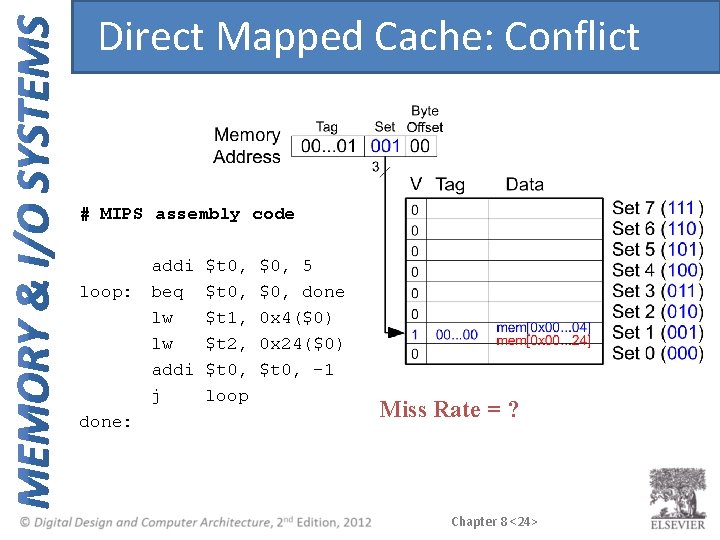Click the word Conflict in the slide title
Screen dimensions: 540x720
point(571,37)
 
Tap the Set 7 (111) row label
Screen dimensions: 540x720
point(657,208)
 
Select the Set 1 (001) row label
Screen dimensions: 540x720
point(657,332)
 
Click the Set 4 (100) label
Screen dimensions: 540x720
point(657,270)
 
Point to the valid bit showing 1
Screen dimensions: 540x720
point(414,333)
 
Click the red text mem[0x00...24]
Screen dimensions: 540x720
point(543,341)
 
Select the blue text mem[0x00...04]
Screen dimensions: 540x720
point(543,327)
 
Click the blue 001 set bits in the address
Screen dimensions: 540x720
point(385,145)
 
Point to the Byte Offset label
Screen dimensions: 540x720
point(425,119)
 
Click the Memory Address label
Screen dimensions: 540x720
point(247,145)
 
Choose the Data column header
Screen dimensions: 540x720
point(524,184)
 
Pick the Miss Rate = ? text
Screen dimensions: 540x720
point(449,408)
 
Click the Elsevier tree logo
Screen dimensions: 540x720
point(677,497)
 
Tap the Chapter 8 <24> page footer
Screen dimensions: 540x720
point(494,521)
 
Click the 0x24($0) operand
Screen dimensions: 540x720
point(301,344)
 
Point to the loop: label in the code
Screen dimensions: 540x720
point(105,292)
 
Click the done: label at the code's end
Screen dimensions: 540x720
point(105,422)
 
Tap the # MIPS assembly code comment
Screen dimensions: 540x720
point(187,214)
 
